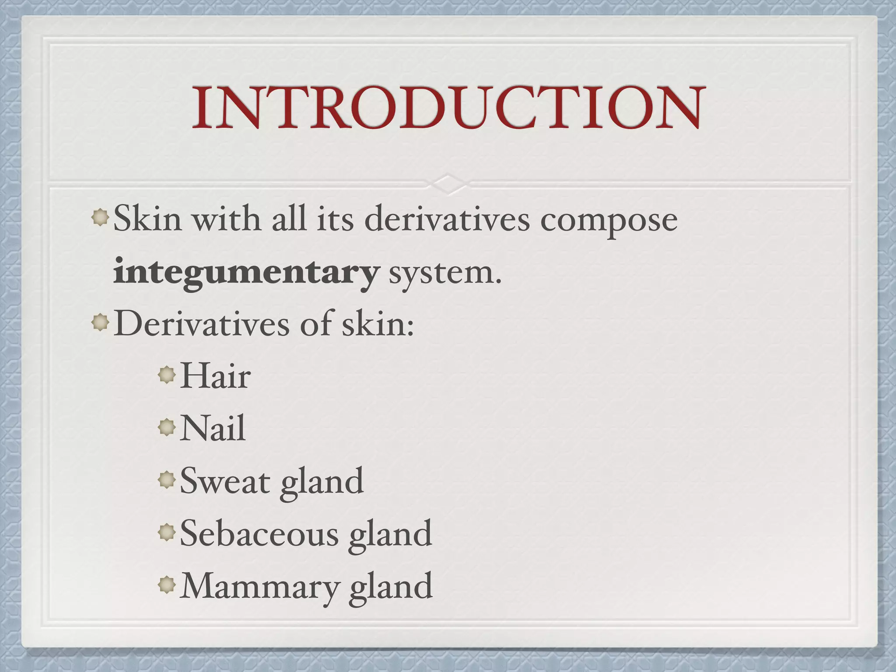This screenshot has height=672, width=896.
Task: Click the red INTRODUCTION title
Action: (448, 107)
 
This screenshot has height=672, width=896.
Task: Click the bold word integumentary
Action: (245, 273)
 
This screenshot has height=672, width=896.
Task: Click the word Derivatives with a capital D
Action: (202, 324)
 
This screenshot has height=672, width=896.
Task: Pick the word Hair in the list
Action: (215, 376)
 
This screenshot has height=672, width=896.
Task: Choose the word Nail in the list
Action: (213, 428)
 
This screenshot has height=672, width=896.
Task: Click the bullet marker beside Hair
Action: (167, 375)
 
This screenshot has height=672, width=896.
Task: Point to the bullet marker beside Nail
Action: (167, 427)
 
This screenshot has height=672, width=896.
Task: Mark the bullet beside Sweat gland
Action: (167, 480)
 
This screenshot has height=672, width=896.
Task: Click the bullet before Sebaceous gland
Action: (167, 532)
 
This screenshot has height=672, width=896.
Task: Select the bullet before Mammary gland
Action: (167, 585)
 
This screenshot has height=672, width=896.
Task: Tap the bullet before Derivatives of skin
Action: (101, 323)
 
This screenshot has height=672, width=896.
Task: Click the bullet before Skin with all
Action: (101, 217)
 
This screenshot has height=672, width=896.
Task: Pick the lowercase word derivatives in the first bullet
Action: (447, 219)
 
